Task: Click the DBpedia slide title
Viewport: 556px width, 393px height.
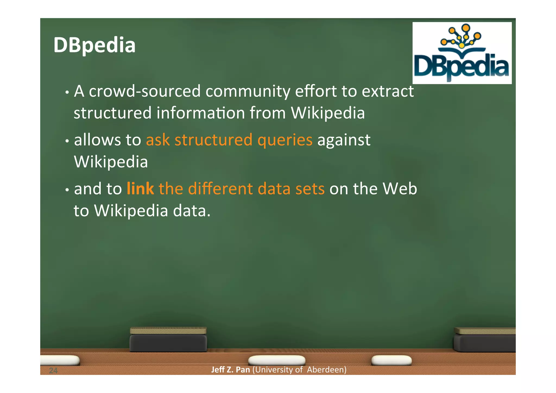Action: click(x=94, y=45)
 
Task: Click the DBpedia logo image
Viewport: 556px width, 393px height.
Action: click(x=462, y=53)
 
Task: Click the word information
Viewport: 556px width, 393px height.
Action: click(x=201, y=113)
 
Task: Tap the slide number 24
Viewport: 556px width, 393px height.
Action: click(x=53, y=370)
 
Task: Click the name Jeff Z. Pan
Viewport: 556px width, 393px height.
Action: click(x=230, y=370)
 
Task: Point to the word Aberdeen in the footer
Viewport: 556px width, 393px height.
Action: click(x=327, y=370)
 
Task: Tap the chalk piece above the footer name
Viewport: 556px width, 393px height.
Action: click(x=277, y=360)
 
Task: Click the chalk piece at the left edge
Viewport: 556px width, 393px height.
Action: click(x=60, y=360)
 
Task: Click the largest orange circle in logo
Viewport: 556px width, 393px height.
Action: click(x=466, y=28)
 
